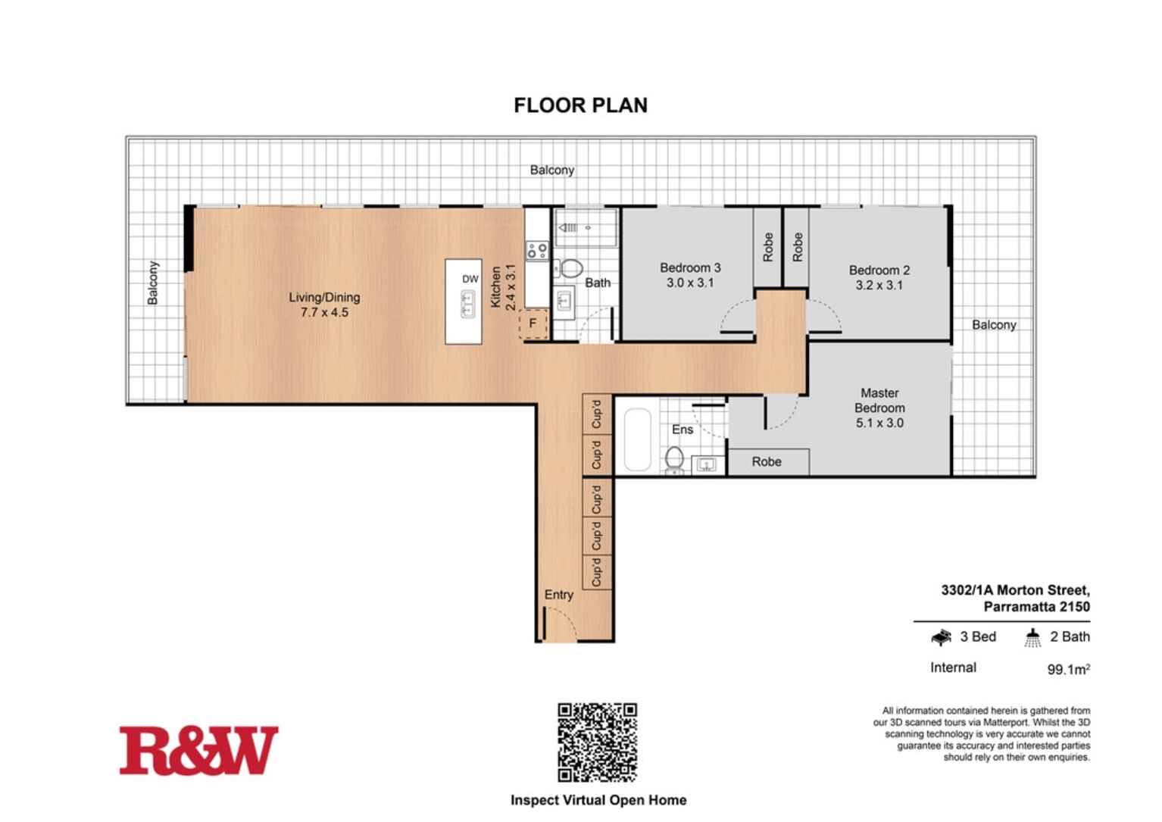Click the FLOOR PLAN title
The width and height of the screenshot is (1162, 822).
coord(580,105)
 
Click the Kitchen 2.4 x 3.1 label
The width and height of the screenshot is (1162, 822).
coord(502,287)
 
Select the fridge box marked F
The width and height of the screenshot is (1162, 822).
coord(533,323)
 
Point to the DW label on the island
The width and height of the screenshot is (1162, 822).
coord(470,279)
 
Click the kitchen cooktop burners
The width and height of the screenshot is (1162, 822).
coord(537,250)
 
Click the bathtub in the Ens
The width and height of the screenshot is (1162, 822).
coord(637,440)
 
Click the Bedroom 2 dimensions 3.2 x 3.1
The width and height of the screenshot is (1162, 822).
coord(879,286)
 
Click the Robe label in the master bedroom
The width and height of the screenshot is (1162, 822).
coord(767,461)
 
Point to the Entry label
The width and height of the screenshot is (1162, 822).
coord(559,595)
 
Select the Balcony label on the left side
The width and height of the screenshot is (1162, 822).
coord(154,283)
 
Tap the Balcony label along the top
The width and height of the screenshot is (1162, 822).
coord(551,170)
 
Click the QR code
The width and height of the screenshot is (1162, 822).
coord(597,742)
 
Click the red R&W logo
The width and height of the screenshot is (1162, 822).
coord(198,750)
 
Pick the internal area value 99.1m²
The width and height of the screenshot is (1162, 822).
coord(1068,669)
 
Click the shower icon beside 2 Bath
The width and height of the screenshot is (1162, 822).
coord(1032,637)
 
